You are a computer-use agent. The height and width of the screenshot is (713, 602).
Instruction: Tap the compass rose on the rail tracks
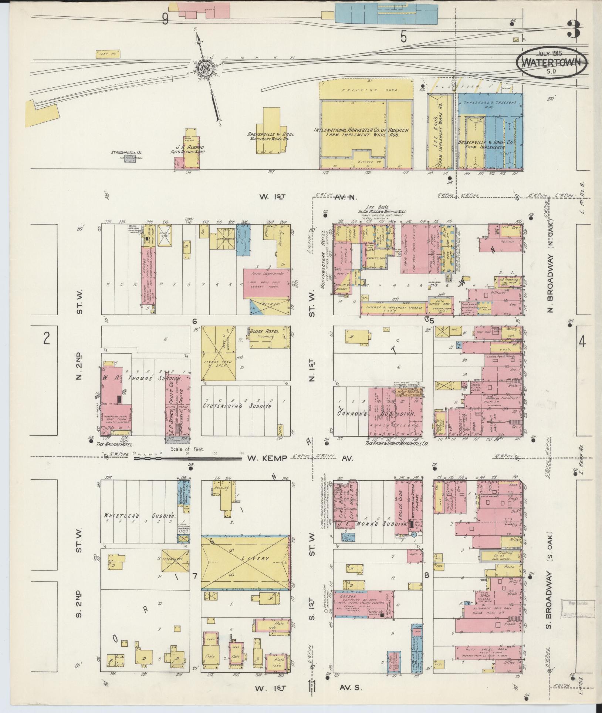[x=204, y=68]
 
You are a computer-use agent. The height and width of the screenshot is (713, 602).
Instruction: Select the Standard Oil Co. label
[x=126, y=152]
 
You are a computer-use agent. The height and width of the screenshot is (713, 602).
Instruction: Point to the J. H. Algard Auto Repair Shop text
[x=187, y=149]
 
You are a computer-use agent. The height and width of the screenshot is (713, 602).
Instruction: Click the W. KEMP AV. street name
[x=267, y=458]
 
